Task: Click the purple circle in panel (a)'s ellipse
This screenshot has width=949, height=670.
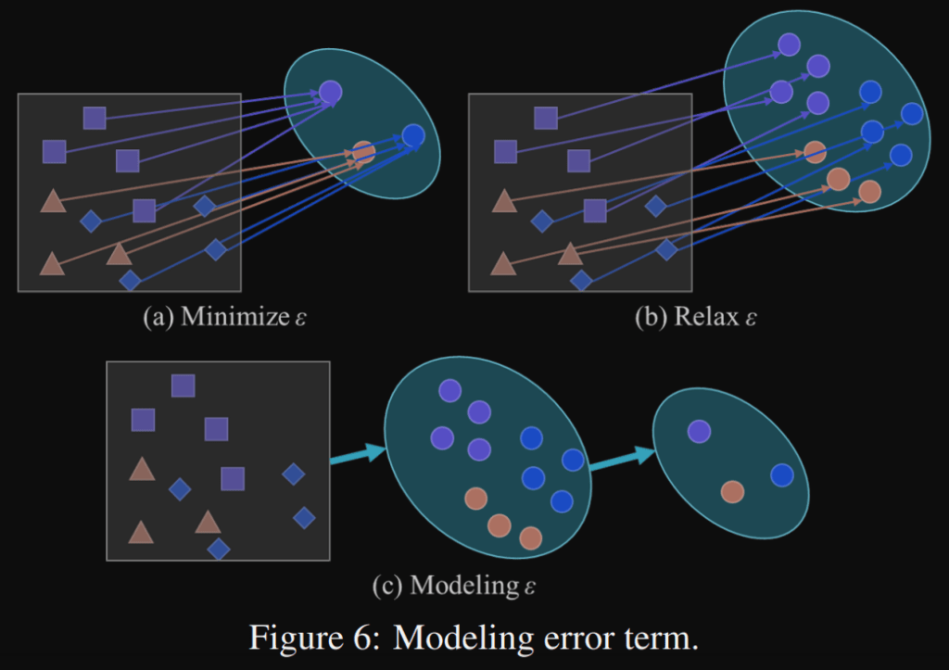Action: [x=331, y=91]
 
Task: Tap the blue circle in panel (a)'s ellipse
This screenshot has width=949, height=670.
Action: [x=413, y=135]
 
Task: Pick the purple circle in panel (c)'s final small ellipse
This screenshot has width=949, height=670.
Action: [x=699, y=431]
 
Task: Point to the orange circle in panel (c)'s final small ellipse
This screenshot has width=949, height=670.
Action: [x=732, y=491]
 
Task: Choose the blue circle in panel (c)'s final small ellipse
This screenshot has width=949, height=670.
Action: [x=782, y=474]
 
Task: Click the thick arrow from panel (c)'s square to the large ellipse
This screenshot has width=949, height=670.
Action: [x=357, y=453]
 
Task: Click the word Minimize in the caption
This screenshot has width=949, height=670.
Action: [x=234, y=317]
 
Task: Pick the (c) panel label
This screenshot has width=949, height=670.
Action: [x=386, y=586]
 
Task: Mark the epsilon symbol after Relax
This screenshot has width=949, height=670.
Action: [x=750, y=318]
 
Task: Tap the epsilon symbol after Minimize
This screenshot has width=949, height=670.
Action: [x=300, y=318]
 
